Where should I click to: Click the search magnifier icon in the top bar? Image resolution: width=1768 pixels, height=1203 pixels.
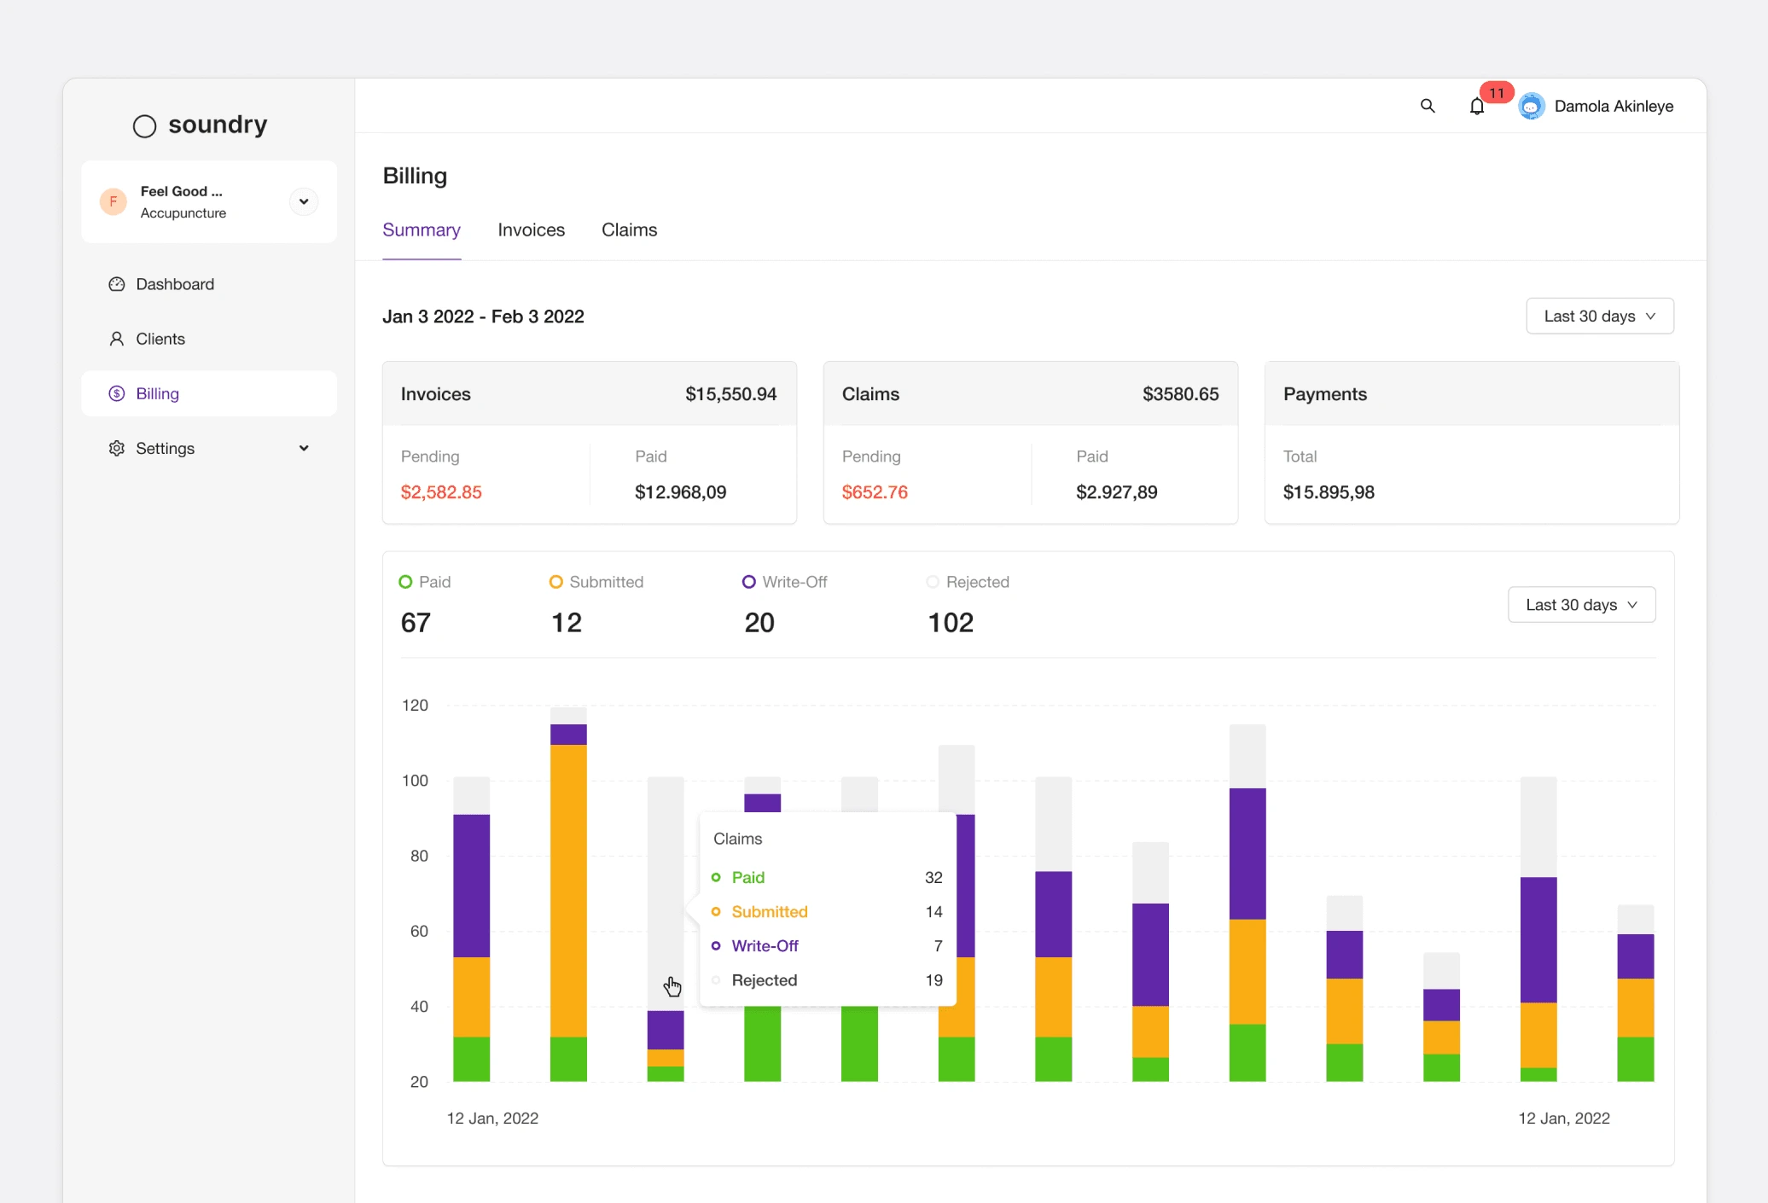[1428, 106]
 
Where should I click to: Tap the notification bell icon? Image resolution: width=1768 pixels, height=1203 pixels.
[1477, 107]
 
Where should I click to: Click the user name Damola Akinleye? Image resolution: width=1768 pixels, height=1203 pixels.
[1614, 106]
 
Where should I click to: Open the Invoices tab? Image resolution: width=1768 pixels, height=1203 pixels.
[531, 230]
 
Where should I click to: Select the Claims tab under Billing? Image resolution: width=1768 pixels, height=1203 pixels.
[629, 230]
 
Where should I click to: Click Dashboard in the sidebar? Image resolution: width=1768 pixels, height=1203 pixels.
[175, 284]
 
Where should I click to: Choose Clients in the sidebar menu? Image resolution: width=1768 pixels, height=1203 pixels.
[160, 339]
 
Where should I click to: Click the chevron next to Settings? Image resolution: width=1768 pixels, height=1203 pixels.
[304, 448]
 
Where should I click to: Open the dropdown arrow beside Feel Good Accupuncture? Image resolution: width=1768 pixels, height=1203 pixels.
[304, 201]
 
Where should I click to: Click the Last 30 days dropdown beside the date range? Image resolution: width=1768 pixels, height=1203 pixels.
[1600, 316]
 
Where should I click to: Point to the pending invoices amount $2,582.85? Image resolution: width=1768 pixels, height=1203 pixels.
[441, 492]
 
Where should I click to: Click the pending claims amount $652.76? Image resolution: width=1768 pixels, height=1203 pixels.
[875, 492]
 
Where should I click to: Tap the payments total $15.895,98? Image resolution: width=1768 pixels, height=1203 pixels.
[1329, 492]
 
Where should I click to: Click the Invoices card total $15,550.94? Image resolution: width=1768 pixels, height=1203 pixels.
[731, 394]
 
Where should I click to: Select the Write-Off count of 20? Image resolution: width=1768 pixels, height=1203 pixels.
[759, 623]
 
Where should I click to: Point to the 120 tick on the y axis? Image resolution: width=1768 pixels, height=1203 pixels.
[415, 706]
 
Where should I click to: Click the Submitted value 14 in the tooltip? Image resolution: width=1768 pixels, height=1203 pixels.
[934, 912]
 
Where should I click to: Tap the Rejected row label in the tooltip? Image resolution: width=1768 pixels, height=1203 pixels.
[765, 980]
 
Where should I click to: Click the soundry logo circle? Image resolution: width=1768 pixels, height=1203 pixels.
[145, 126]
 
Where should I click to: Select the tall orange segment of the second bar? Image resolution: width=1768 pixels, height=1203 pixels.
[568, 891]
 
